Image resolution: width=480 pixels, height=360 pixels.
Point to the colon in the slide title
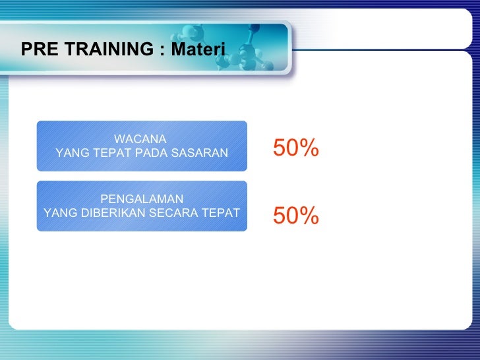162,50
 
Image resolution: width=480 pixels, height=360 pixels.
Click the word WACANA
140,139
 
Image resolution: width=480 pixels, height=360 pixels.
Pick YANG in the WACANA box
72,153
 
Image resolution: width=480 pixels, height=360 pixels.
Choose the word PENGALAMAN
142,199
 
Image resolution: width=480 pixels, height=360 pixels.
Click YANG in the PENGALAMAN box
58,212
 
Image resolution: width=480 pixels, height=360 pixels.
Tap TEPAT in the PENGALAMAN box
221,212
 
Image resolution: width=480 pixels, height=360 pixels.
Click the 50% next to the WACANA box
296,149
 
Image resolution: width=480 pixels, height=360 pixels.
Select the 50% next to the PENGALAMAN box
296,215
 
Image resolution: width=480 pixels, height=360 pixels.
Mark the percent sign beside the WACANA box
310,149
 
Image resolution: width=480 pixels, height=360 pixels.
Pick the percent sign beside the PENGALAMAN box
310,215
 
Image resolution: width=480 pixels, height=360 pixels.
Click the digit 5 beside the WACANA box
280,149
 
